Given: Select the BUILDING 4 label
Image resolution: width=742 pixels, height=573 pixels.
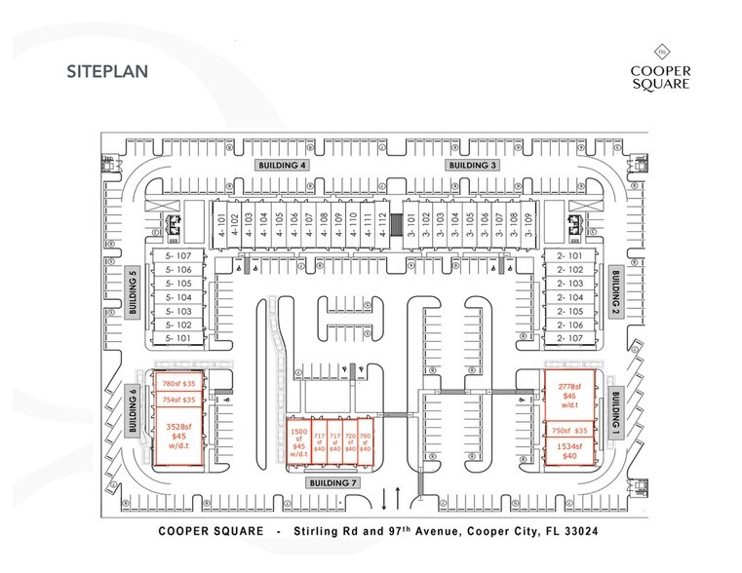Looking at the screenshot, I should [282, 166].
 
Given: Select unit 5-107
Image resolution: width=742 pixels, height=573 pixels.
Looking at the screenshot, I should [180, 256].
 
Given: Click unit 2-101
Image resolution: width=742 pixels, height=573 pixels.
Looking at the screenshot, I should [568, 256].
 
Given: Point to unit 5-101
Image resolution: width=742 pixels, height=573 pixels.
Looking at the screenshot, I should [180, 337].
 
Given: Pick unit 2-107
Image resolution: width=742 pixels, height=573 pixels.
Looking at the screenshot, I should [568, 337].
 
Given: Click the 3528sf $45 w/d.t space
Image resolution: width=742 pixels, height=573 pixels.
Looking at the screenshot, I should [179, 436].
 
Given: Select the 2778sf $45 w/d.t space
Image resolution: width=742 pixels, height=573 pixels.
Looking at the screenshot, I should [568, 396].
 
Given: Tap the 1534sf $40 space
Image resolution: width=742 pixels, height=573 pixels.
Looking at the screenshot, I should [568, 450].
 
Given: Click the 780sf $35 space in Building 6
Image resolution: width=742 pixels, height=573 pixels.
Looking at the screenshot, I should [179, 383].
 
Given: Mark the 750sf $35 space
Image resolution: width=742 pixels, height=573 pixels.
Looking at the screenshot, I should [568, 429].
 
